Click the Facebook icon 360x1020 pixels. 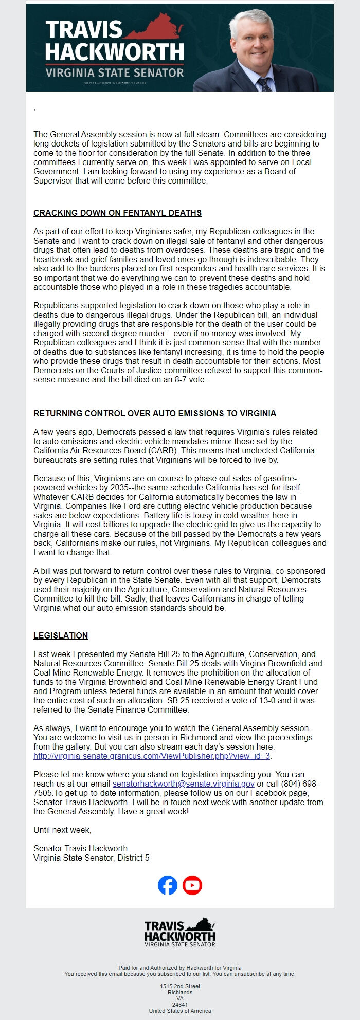click(x=168, y=885)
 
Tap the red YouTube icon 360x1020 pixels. click(x=192, y=885)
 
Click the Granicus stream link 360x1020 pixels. click(x=152, y=756)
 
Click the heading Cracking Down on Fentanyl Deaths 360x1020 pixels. click(x=117, y=213)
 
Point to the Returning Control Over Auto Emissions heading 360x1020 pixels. click(x=155, y=413)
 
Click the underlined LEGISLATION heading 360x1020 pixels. click(x=61, y=635)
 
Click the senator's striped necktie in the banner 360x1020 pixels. click(x=264, y=84)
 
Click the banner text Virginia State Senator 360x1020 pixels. click(x=115, y=72)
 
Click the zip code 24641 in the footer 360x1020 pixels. click(x=180, y=1004)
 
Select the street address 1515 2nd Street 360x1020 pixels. click(x=180, y=986)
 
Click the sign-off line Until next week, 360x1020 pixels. click(x=62, y=830)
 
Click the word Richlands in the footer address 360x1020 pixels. click(x=180, y=992)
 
